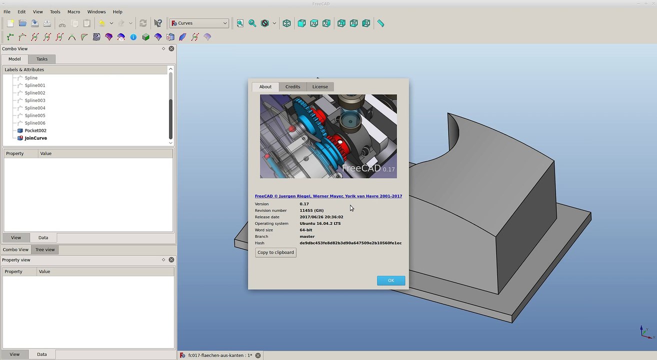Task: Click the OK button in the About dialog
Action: point(391,280)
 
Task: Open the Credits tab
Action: point(292,87)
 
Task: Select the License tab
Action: point(320,87)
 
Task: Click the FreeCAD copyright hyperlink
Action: point(328,196)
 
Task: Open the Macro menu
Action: point(73,11)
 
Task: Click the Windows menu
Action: point(96,11)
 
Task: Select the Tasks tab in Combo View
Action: point(42,59)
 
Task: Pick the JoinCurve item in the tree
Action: point(36,138)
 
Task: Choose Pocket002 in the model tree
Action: point(35,130)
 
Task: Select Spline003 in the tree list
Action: point(35,100)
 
